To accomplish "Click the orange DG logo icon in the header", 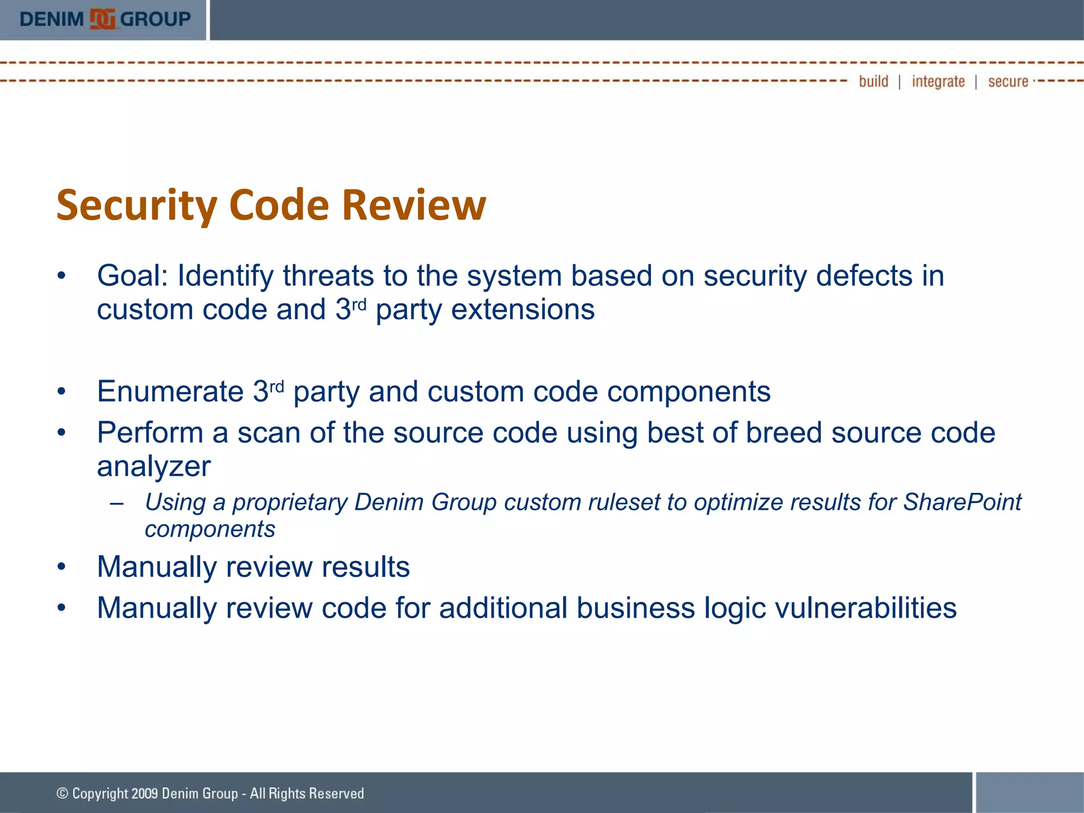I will point(102,20).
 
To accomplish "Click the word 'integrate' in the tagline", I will point(938,82).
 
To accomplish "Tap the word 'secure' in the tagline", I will point(1008,82).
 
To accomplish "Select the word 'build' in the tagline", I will point(873,82).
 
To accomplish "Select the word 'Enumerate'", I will point(170,392).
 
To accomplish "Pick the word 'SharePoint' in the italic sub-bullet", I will point(962,502).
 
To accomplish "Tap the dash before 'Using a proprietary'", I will point(116,503).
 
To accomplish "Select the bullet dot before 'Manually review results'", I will point(61,567).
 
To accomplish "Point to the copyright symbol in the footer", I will point(62,793).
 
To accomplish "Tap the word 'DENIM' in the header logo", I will point(51,20).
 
